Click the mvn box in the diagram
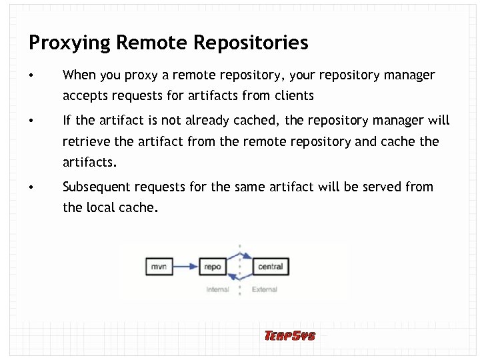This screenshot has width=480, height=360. click(x=159, y=267)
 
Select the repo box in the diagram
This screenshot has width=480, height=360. click(x=213, y=267)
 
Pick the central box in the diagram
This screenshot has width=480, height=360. click(x=270, y=267)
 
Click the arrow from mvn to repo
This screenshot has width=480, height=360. click(x=185, y=267)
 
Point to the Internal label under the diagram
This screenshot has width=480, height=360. click(x=218, y=290)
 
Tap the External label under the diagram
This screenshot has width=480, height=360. click(x=265, y=290)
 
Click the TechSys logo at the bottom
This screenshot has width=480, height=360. click(x=290, y=335)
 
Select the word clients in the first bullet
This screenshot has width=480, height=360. click(x=291, y=95)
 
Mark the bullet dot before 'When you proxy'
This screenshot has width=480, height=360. click(x=31, y=75)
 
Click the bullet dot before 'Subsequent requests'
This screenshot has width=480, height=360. click(x=31, y=187)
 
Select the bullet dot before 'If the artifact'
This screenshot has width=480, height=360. click(x=31, y=121)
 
